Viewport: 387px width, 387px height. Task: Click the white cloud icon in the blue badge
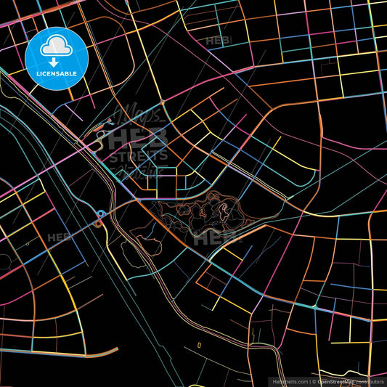pos(56,47)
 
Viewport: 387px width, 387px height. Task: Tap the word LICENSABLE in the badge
pos(57,74)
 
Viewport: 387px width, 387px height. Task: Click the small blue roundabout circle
pos(102,213)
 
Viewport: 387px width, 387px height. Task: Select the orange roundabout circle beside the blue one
pos(97,224)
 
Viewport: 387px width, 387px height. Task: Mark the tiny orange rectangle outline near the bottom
pos(200,344)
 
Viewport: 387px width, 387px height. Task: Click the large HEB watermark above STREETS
pos(138,138)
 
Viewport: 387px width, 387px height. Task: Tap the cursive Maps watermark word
pos(134,116)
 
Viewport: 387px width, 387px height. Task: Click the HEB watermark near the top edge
pos(219,41)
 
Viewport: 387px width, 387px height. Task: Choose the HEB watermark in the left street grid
pos(60,237)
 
